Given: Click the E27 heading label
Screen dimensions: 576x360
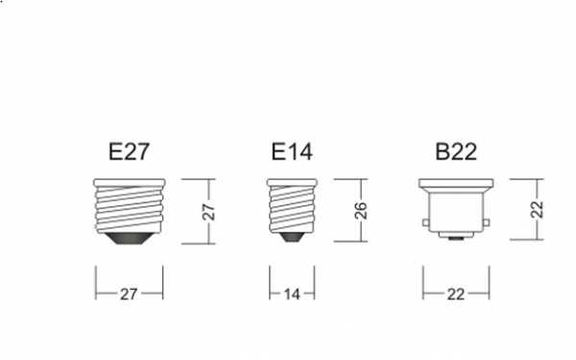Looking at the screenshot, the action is pos(129,152).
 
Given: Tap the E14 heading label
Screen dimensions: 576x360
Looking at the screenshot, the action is pos(292,152).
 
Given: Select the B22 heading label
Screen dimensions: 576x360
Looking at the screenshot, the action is pos(456,152).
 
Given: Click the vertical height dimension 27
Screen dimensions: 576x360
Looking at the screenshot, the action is pos(208,211).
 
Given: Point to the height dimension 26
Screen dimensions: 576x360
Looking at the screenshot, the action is pos(361,210).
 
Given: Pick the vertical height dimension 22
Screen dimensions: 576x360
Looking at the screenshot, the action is pos(537,209).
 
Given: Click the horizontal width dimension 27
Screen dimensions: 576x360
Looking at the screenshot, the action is pos(129,295).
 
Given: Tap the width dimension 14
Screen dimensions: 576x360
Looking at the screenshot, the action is pos(292,295).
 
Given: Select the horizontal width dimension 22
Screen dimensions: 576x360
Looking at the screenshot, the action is pos(456,295).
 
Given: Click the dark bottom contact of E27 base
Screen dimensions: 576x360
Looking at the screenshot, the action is pos(129,238).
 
